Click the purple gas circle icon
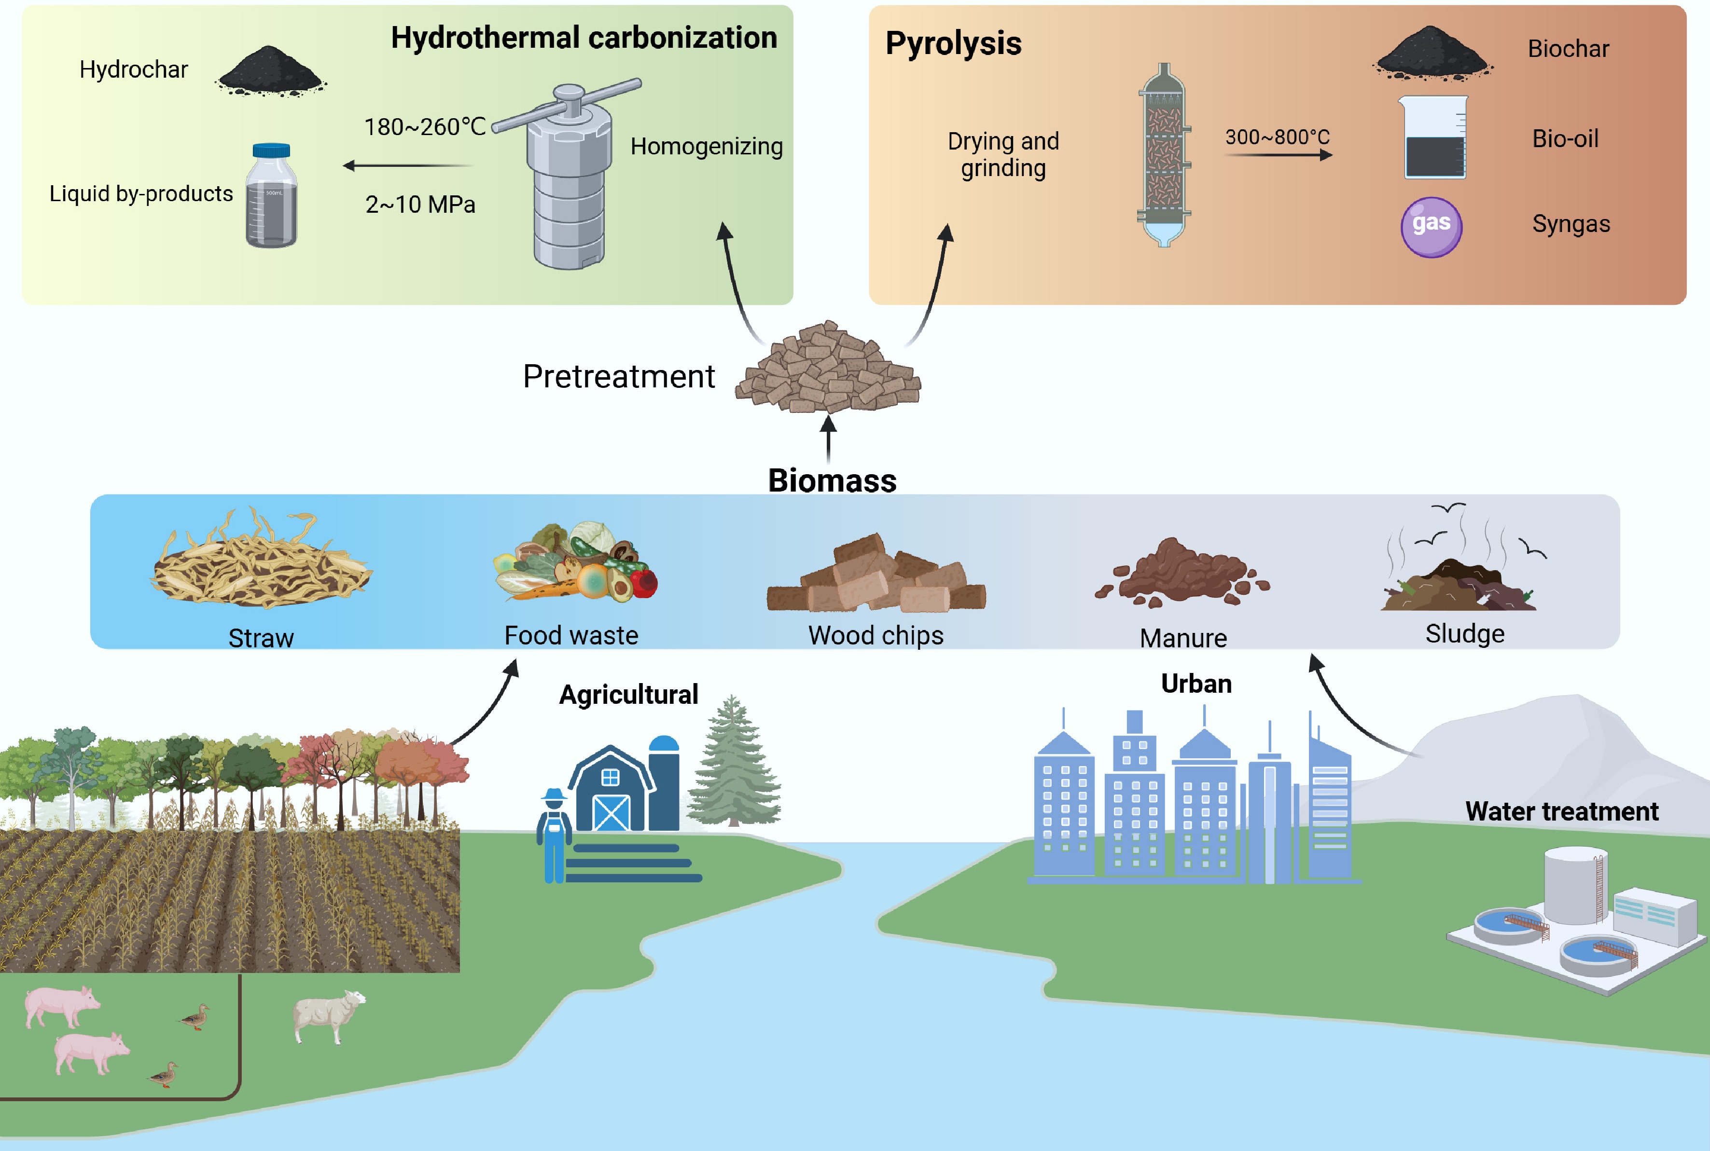(x=1431, y=227)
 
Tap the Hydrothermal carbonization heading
(x=584, y=38)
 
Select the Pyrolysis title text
(x=953, y=43)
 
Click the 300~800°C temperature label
(x=1277, y=137)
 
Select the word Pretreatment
(x=618, y=377)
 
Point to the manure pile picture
(x=1182, y=573)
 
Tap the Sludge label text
(x=1465, y=633)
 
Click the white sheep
(x=328, y=1014)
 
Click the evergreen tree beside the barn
(x=734, y=764)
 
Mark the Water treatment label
(x=1562, y=811)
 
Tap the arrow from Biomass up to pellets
(x=828, y=438)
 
